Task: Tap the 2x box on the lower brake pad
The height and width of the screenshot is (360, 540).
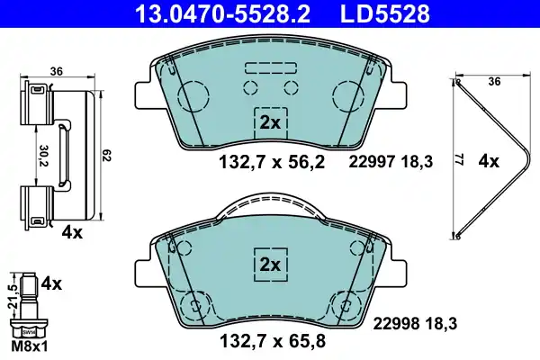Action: click(x=270, y=265)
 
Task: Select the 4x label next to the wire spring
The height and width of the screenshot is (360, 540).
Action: click(x=490, y=163)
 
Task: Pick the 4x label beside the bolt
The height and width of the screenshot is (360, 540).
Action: click(x=53, y=283)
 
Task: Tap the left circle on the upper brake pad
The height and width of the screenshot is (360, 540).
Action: click(x=193, y=94)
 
